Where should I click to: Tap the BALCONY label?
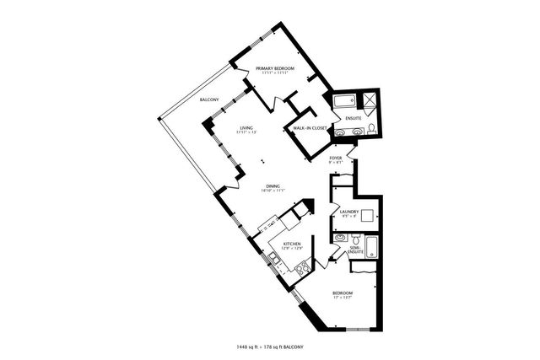tap(210, 100)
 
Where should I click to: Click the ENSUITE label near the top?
tap(354, 118)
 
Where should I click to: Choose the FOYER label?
tap(335, 158)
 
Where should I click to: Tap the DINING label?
tap(273, 186)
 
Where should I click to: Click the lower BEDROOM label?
tap(342, 293)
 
